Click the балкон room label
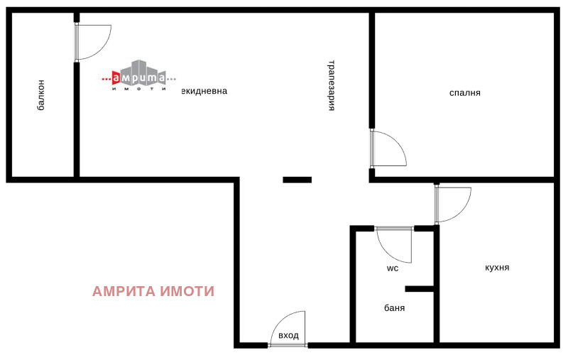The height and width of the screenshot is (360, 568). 42,95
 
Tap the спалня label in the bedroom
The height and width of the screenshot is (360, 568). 465,93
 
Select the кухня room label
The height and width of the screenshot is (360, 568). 497,268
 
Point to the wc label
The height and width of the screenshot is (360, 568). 393,268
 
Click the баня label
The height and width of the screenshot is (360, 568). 395,308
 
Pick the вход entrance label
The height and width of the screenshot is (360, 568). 288,336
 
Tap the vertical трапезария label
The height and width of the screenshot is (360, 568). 331,85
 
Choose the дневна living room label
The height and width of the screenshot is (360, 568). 204,91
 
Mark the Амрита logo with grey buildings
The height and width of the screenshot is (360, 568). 138,75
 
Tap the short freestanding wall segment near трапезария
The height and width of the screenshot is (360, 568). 297,180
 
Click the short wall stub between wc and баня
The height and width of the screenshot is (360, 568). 420,289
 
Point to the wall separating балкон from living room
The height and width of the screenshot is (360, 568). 77,119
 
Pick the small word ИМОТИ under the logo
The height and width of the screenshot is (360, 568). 138,89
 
